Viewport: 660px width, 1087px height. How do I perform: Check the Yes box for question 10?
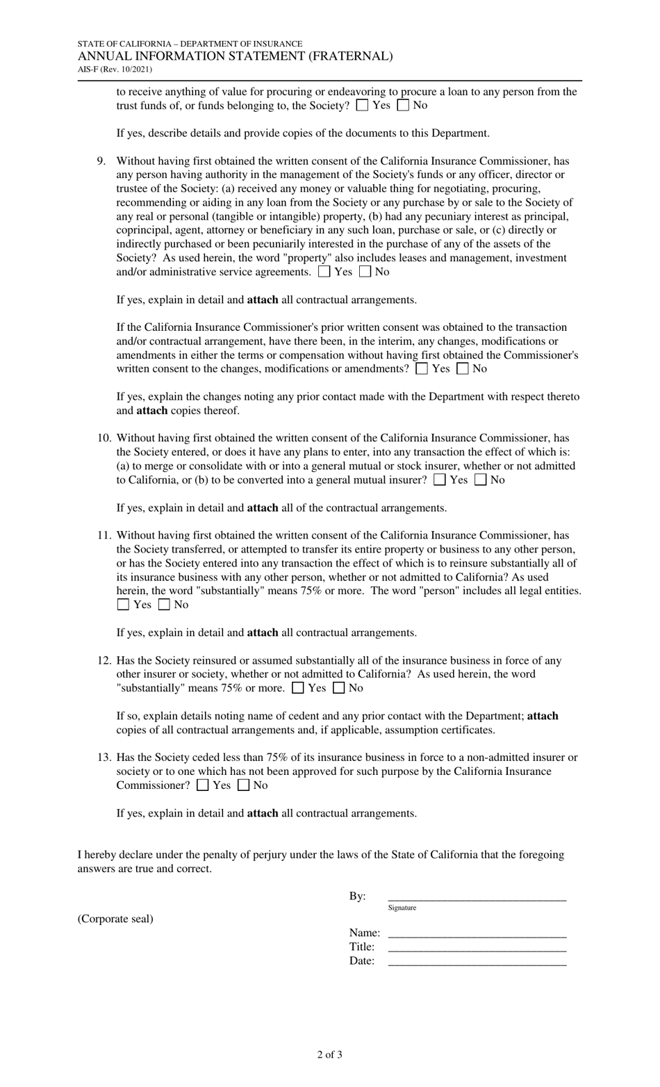point(439,480)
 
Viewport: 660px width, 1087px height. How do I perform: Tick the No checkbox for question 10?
point(480,480)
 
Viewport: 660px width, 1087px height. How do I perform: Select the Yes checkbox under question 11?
point(123,605)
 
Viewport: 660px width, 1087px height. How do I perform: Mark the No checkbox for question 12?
point(339,688)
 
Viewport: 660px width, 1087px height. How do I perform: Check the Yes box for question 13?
point(203,785)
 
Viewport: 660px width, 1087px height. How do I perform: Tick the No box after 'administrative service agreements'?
point(365,272)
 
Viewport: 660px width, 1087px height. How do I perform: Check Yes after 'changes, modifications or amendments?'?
point(422,369)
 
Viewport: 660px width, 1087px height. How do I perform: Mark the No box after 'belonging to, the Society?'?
point(403,106)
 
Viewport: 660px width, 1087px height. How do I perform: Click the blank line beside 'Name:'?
point(477,932)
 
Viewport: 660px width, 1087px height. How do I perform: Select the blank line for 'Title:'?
point(477,946)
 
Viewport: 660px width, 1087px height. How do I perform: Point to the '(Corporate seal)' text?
point(115,919)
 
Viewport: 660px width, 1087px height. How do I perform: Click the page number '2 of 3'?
point(329,1054)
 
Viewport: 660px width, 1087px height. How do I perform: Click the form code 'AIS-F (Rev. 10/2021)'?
point(115,70)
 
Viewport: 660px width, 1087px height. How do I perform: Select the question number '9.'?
point(101,161)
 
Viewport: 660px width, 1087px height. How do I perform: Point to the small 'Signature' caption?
point(402,908)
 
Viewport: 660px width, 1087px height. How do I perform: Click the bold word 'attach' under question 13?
point(263,813)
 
